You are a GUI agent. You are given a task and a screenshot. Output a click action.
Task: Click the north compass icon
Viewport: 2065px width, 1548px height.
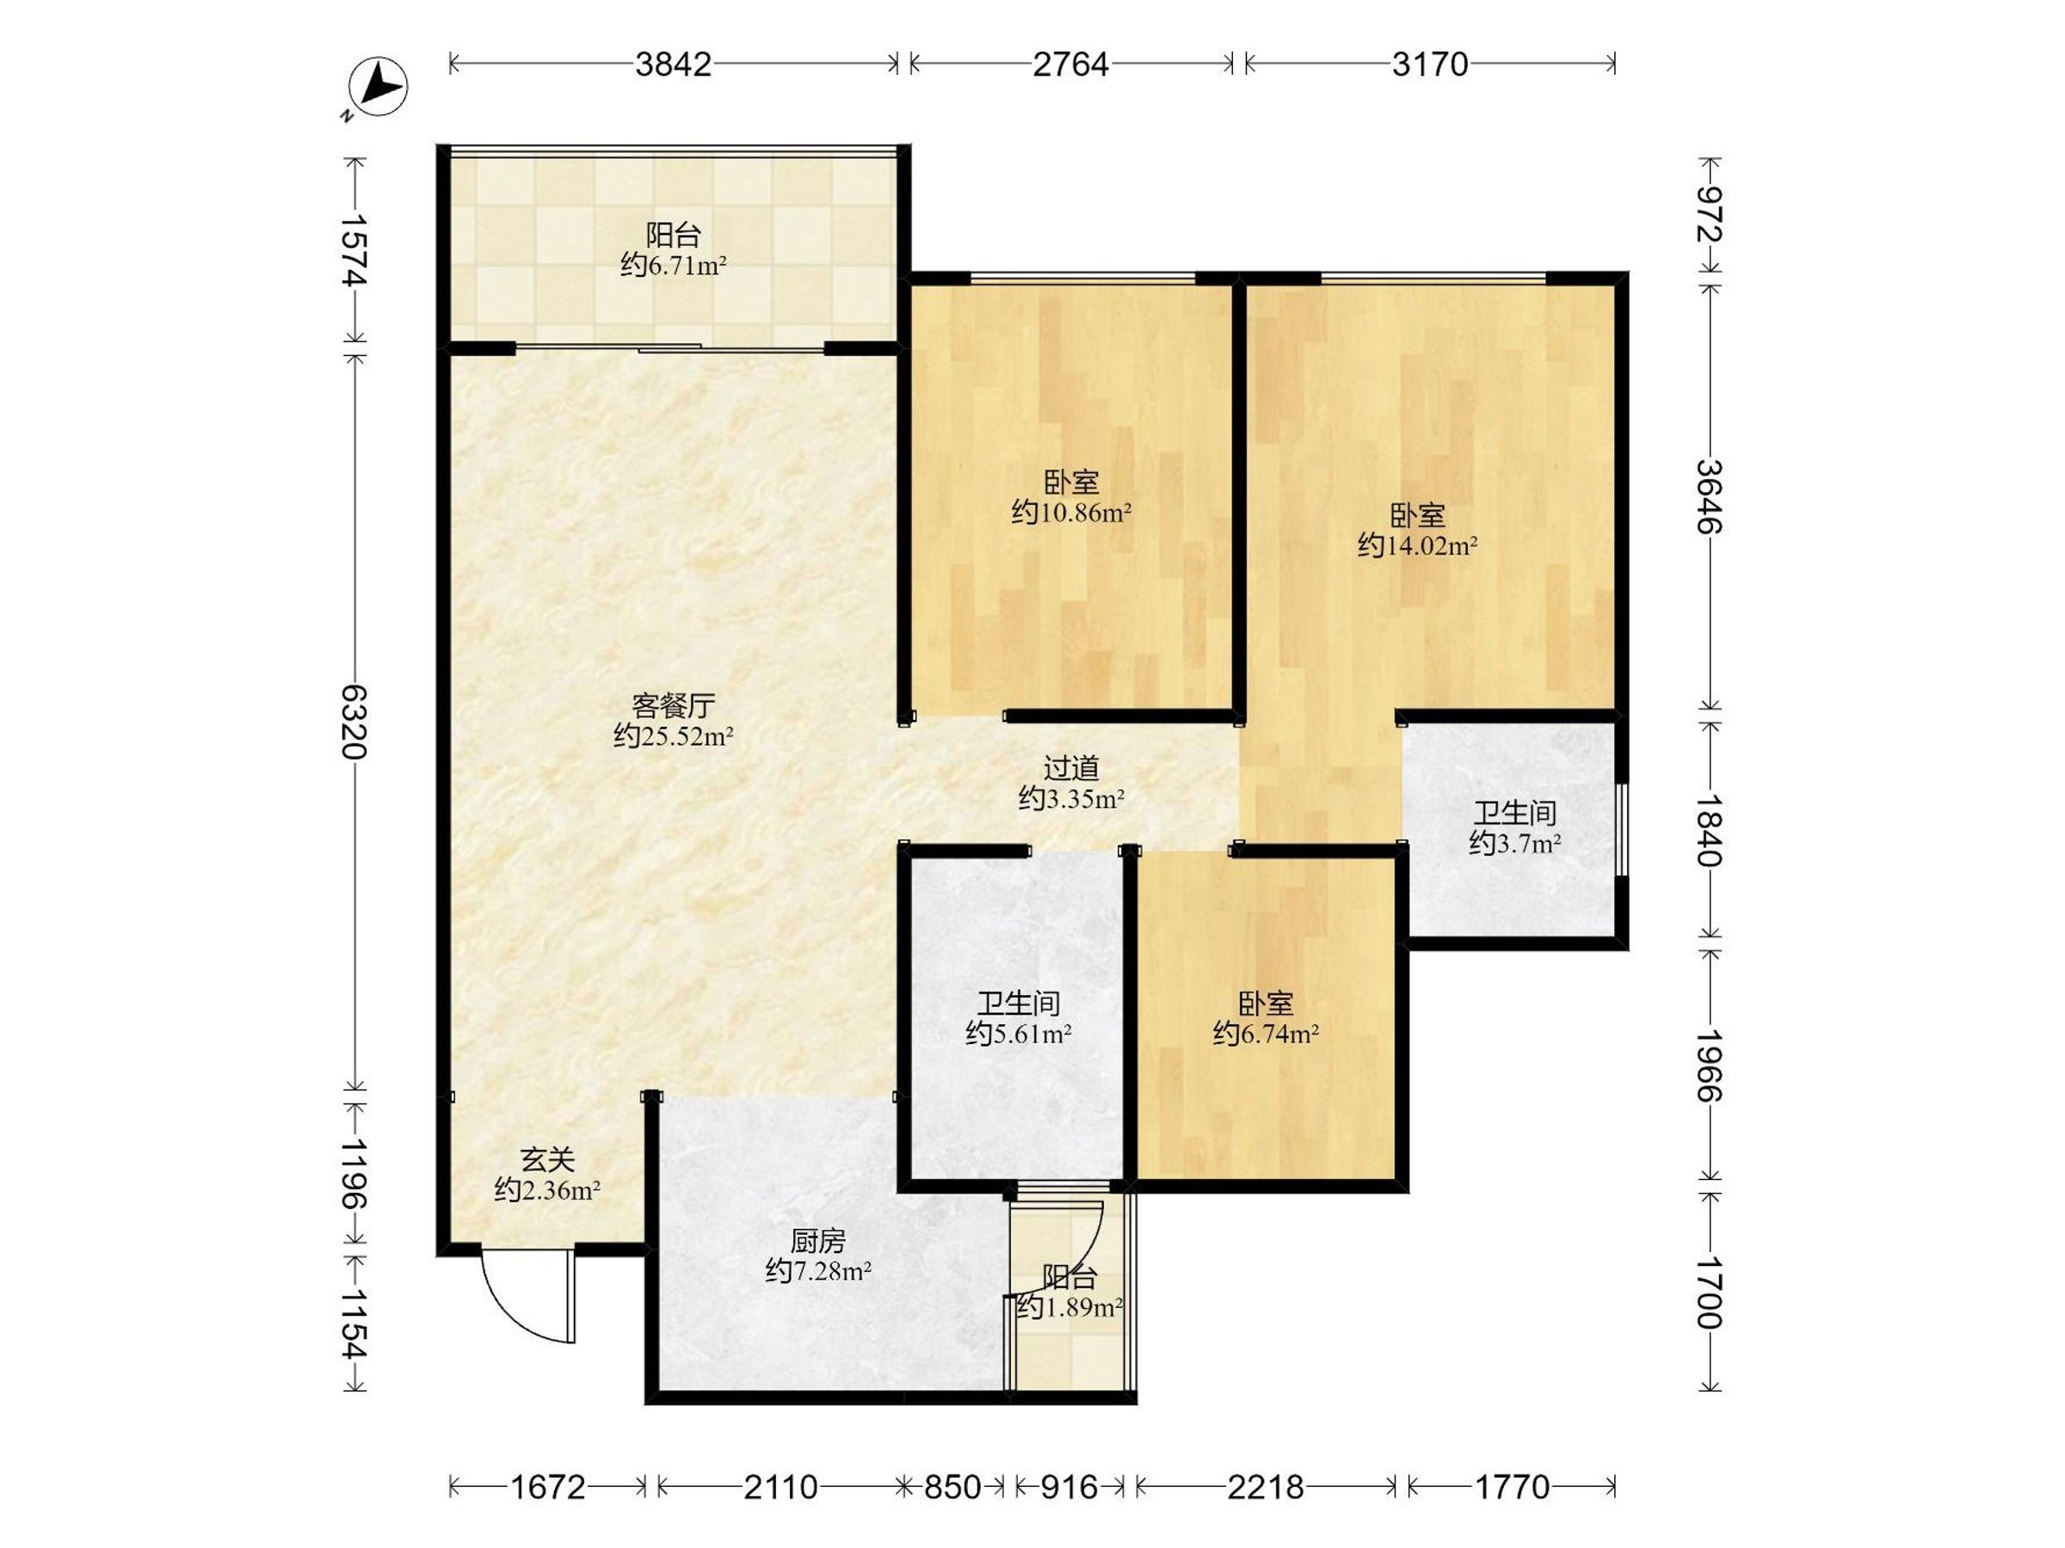tap(377, 88)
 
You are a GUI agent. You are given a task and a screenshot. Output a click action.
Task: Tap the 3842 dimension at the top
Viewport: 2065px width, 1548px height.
tap(673, 64)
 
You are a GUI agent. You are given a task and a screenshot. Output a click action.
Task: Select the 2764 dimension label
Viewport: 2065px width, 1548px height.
tap(1070, 64)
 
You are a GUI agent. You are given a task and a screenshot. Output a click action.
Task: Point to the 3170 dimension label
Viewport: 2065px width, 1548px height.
tap(1430, 64)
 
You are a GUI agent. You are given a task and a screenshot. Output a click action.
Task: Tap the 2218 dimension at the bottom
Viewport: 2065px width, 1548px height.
tap(1265, 1486)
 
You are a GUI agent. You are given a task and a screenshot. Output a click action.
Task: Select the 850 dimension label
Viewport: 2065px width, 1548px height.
tap(952, 1486)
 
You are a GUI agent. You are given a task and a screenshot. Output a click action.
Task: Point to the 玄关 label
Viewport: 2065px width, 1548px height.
tap(547, 1160)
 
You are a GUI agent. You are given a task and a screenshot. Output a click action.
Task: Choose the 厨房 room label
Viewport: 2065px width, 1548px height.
tap(817, 1241)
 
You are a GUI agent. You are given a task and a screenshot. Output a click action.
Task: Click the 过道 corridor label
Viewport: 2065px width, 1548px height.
tap(1070, 768)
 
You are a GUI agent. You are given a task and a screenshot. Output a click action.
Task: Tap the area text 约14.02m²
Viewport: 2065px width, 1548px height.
tap(1417, 546)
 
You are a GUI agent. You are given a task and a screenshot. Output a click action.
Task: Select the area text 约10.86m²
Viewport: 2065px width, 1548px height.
tap(1070, 513)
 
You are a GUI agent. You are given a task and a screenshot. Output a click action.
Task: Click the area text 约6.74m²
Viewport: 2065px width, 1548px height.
tap(1265, 1033)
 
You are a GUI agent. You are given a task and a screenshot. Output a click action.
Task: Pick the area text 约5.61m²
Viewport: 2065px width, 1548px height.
tap(1018, 1033)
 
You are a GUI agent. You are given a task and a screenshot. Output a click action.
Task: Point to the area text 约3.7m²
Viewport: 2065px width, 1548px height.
tap(1514, 844)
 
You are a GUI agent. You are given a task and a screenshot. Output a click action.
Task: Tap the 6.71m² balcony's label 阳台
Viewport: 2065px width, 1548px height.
tap(673, 234)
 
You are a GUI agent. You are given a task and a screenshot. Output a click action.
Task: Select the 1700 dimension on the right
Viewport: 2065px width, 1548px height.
tap(1711, 1293)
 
